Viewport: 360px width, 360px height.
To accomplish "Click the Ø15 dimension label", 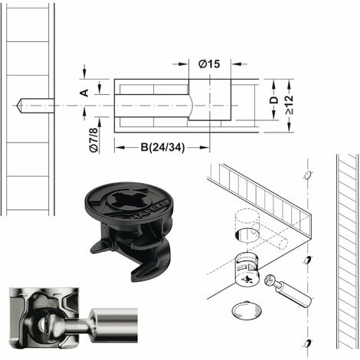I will [209, 63].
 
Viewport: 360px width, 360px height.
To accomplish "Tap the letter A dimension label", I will [86, 93].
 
